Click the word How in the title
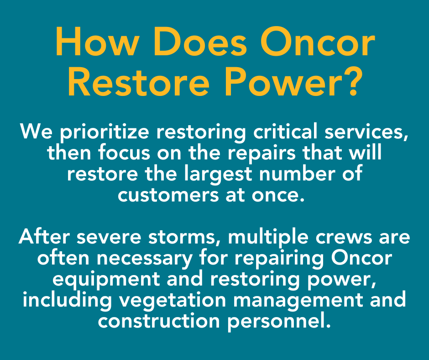97,41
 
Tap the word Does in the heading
200,41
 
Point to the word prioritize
105,132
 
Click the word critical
285,132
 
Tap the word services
366,132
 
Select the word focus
124,153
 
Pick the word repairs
262,154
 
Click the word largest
218,175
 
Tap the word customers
168,196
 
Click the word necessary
145,259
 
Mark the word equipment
106,280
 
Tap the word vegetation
173,301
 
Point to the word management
298,301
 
